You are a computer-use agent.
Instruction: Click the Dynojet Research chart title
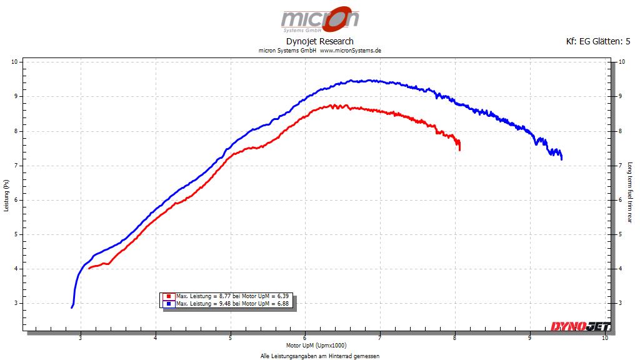coord(319,41)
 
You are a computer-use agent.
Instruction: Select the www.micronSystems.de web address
coord(351,51)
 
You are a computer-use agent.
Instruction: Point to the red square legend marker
coord(169,296)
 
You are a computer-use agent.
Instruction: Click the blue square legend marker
coord(169,304)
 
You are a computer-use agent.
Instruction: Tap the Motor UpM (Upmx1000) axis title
coord(316,346)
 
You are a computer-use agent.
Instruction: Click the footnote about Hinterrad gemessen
coord(319,356)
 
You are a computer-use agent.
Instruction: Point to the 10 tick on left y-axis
coord(15,62)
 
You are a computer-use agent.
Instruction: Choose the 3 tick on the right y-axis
coord(621,303)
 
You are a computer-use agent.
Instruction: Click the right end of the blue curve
coord(562,159)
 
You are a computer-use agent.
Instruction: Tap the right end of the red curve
coord(460,149)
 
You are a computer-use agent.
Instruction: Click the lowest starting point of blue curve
coord(72,307)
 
